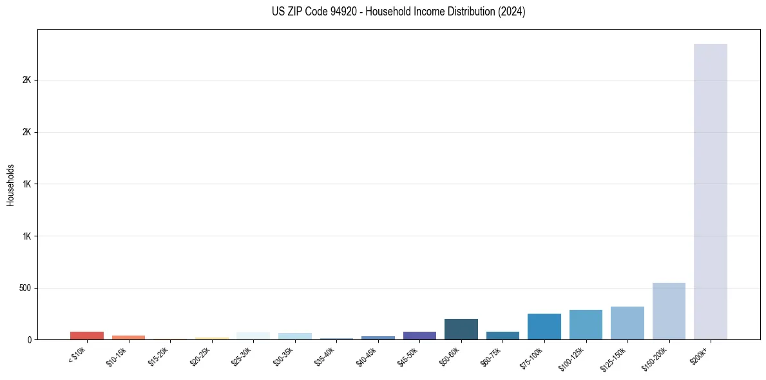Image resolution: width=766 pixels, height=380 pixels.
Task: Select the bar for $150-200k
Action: pos(669,311)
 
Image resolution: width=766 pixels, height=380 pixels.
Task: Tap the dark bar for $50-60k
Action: pos(461,329)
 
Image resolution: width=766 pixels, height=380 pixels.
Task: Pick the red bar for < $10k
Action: pos(87,336)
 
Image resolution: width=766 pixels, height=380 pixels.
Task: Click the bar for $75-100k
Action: pos(544,327)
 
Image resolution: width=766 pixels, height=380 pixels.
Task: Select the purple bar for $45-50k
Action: pos(419,336)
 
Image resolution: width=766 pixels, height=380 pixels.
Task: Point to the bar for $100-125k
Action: pos(586,325)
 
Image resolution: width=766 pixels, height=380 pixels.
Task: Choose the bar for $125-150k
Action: pos(627,323)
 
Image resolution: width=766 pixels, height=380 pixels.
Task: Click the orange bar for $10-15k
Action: pos(128,337)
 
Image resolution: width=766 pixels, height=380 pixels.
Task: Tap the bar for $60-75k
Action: pos(503,336)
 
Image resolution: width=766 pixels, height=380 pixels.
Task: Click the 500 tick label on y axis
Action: pos(25,288)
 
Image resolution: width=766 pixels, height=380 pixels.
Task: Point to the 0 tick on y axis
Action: pos(30,339)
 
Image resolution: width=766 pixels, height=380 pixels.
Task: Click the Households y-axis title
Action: pos(11,185)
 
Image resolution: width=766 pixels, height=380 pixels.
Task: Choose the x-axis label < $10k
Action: pos(77,356)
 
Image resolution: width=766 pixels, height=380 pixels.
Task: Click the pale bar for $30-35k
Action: pos(294,336)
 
